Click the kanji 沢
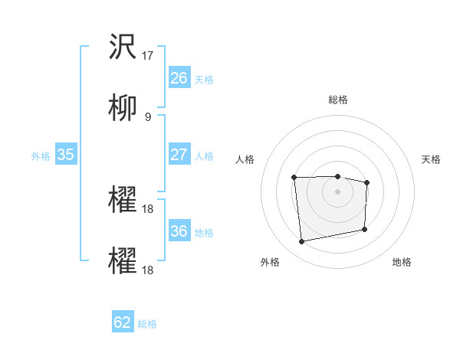pos(123,48)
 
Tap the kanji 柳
pos(123,108)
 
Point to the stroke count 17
pos(149,56)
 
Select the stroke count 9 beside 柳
pos(148,116)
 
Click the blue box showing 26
pos(179,78)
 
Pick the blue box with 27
pos(179,155)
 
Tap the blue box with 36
pos(179,231)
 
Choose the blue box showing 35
pos(65,155)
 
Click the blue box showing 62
pos(123,322)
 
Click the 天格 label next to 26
pos(204,80)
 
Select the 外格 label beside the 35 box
pos(41,156)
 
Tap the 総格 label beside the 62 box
pos(147,324)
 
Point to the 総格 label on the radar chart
pos(337,100)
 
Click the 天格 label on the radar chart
pos(432,159)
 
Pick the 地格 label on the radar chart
pos(402,262)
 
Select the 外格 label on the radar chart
pos(270,262)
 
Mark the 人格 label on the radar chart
pos(244,159)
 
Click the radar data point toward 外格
pos(302,242)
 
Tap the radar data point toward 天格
pos(367,182)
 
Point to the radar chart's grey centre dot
pos(337,191)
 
